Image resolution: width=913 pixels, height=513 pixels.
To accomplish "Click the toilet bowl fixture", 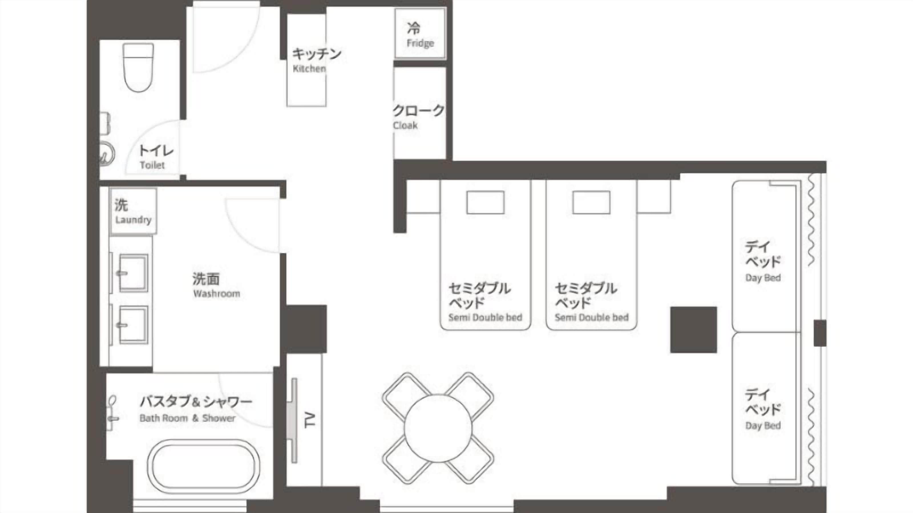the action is coord(138,68).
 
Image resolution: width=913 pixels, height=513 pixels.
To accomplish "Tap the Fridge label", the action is coord(420,43).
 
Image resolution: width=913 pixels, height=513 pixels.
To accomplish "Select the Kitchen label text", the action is coord(309,69).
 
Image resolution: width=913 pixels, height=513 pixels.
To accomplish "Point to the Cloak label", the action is coord(405,125).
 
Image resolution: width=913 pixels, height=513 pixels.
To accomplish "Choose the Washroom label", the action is coord(217,294).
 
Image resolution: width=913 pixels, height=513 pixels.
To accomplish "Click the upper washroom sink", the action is coord(133,273).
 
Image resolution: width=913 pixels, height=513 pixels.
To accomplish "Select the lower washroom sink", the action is coord(133,325).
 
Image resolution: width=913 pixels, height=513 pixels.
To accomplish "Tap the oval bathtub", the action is coord(203,466).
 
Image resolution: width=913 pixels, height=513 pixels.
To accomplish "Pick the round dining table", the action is coord(438,428).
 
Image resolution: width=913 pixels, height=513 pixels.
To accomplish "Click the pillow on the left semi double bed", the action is coord(485,203).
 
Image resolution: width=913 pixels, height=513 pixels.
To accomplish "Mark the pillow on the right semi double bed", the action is coord(591,203).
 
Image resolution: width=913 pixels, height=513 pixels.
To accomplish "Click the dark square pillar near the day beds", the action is coord(694,330).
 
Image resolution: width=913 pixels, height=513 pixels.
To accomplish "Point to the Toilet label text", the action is coord(152,165).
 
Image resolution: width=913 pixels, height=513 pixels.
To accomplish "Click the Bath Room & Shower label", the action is coord(187,418).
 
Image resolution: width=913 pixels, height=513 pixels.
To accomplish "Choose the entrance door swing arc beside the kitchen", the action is coord(245,53).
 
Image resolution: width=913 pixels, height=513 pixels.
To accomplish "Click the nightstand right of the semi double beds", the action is coord(654,197).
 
